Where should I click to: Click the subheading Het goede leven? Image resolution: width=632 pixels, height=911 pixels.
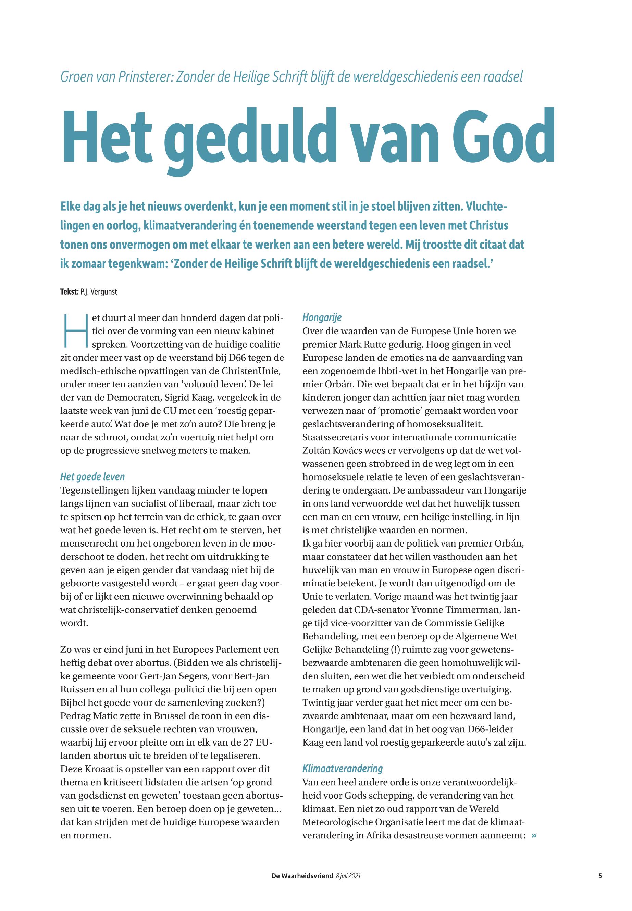[92, 477]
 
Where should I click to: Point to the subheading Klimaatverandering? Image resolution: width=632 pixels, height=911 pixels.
[343, 769]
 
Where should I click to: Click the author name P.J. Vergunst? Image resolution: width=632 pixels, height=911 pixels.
[99, 292]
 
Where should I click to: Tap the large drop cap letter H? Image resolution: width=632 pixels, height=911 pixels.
[74, 330]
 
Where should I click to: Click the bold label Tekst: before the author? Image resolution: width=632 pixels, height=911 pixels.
[69, 292]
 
